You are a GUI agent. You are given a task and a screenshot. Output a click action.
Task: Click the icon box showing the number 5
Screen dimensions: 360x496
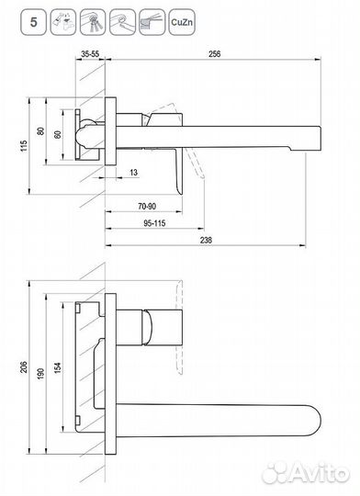pos(34,22)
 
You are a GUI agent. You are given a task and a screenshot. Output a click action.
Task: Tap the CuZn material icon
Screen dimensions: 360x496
pos(182,22)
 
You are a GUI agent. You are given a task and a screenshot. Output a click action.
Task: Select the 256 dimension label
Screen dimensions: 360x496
pos(215,54)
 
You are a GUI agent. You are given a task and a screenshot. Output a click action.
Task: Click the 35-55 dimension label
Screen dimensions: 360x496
pos(90,54)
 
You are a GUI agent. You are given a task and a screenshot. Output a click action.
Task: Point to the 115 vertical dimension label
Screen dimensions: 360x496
pos(24,146)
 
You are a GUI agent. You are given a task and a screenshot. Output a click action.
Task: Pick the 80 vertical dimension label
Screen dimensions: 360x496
pos(40,131)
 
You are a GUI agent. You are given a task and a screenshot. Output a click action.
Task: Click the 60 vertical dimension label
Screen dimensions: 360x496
pos(58,134)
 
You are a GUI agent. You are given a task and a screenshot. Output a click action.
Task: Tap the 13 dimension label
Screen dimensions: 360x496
pos(134,173)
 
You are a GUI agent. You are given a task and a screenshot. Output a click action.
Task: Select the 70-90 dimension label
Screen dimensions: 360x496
pos(147,207)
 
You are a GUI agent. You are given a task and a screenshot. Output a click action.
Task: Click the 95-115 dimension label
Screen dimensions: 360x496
pos(154,223)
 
